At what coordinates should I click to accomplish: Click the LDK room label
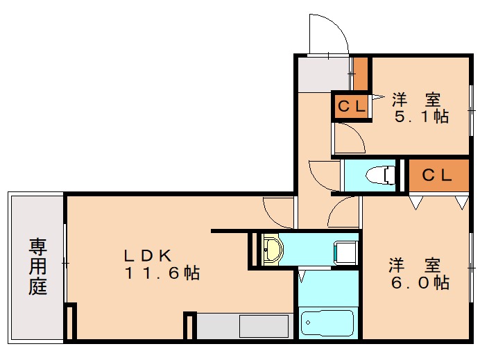[147, 254]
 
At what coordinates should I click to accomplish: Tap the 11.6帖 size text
[162, 273]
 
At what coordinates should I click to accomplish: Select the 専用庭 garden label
[37, 266]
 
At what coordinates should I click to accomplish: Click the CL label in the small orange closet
[351, 107]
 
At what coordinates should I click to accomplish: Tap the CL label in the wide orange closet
[438, 175]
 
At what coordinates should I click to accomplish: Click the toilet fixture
[382, 175]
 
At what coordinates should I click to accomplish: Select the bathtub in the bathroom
[327, 323]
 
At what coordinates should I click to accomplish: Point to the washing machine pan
[345, 251]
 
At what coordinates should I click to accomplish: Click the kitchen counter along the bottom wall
[243, 326]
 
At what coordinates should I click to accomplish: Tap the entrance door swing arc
[327, 33]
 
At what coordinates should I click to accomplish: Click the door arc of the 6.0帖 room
[345, 212]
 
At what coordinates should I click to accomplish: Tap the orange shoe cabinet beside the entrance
[360, 74]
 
